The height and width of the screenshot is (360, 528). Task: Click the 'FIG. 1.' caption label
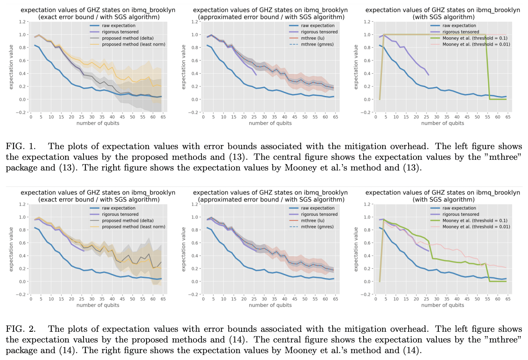pyautogui.click(x=21, y=146)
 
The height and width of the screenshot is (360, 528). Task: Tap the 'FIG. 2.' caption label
pyautogui.click(x=21, y=329)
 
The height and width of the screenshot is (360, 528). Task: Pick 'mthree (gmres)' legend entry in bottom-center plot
pyautogui.click(x=317, y=227)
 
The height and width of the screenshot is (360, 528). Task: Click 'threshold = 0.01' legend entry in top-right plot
pyautogui.click(x=476, y=44)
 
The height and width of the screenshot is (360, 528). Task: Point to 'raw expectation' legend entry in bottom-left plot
pyautogui.click(x=118, y=208)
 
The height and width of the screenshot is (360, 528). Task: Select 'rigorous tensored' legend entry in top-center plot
pyautogui.click(x=319, y=32)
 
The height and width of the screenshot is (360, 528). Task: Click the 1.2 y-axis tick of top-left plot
pyautogui.click(x=22, y=22)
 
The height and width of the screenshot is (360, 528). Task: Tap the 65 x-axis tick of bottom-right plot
pyautogui.click(x=508, y=299)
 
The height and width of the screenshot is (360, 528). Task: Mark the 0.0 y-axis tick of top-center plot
pyautogui.click(x=195, y=100)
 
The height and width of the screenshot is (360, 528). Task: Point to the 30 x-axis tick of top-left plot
pyautogui.click(x=92, y=117)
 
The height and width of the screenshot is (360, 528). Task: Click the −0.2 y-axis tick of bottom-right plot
pyautogui.click(x=365, y=294)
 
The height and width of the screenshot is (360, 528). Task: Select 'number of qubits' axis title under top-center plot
pyautogui.click(x=270, y=123)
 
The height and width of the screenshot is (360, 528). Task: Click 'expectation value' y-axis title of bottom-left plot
pyautogui.click(x=11, y=249)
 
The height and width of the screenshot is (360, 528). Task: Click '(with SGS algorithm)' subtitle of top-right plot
pyautogui.click(x=443, y=17)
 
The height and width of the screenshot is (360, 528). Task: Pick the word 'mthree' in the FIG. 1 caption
pyautogui.click(x=505, y=157)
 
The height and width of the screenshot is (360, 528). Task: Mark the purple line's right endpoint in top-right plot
pyautogui.click(x=428, y=75)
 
